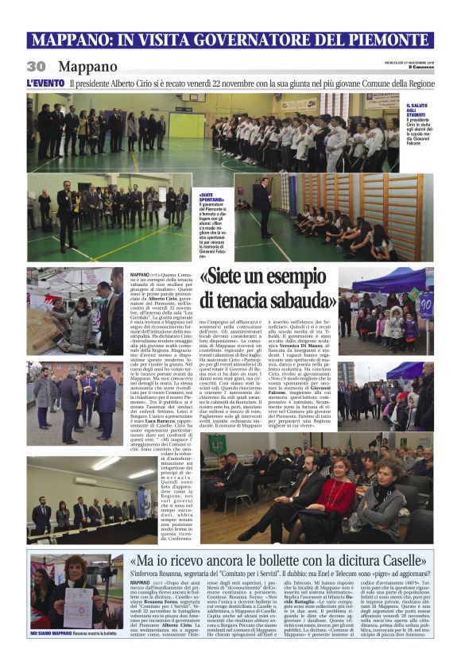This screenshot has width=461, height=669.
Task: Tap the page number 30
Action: coord(36,67)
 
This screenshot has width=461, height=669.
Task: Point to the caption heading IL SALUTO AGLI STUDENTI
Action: coord(416,112)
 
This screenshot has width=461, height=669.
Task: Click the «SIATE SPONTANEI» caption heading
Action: coord(207,195)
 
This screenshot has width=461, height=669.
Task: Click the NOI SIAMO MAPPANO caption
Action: coord(55,633)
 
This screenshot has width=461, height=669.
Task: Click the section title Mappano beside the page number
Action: coord(87,67)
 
